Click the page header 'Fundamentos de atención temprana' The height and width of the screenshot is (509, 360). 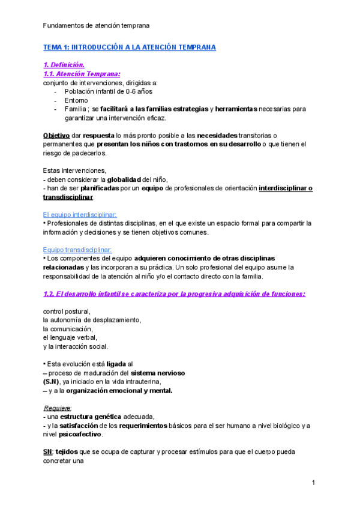97,26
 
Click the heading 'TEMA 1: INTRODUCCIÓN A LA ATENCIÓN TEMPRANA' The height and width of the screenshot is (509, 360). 130,47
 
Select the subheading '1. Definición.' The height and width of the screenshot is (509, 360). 64,65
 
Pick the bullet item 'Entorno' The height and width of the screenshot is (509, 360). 76,100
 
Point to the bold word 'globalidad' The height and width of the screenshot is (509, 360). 127,179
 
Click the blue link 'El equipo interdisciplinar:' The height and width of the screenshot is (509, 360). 80,214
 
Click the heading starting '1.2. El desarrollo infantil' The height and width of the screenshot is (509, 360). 175,294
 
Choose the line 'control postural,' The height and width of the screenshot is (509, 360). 67,311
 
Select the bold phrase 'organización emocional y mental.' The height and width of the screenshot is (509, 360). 119,391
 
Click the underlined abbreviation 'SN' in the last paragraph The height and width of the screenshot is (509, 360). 48,451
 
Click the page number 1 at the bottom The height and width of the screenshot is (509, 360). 314,483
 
